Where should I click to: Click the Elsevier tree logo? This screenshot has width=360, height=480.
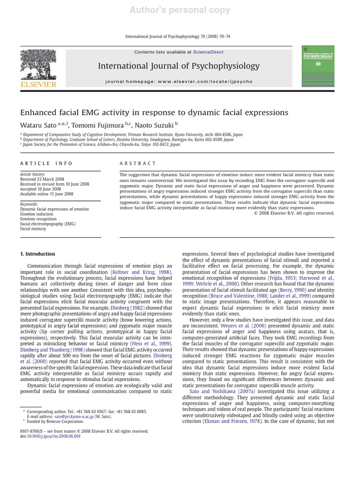pos(38,63)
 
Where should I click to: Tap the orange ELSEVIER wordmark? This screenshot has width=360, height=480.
pos(38,84)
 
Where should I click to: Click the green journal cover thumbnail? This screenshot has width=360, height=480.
pos(318,66)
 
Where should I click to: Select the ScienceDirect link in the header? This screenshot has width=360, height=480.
pos(208,52)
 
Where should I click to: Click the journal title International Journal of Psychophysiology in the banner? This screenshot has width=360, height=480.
pos(179,66)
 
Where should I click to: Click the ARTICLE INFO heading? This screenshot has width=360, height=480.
pos(46,163)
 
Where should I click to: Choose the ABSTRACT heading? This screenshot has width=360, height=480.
pos(138,163)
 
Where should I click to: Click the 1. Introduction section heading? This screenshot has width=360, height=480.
pos(37,254)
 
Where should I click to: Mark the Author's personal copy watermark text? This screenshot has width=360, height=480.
pos(180,10)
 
